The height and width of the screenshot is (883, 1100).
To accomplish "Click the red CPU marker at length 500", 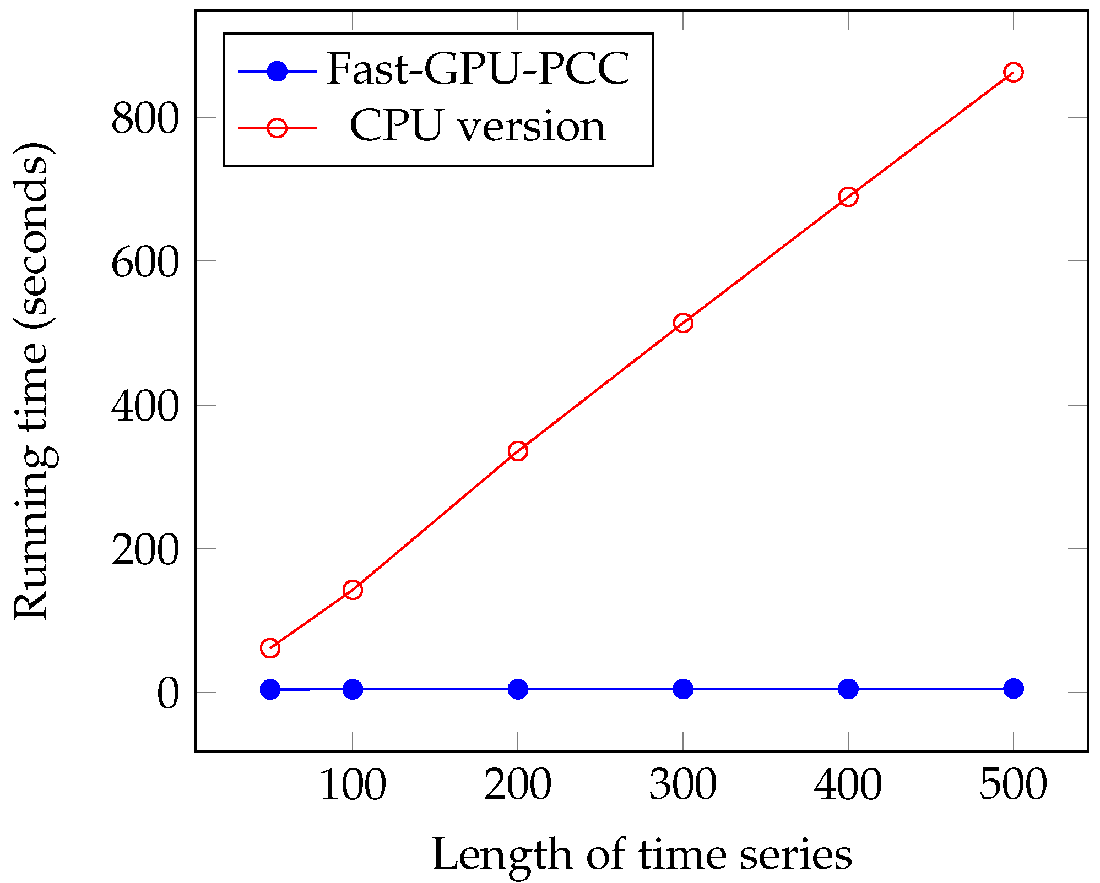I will tap(1013, 73).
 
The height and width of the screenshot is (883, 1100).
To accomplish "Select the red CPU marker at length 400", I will tap(848, 197).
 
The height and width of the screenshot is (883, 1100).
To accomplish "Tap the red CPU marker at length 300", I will tap(682, 323).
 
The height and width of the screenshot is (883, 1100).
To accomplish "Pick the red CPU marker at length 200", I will tap(517, 451).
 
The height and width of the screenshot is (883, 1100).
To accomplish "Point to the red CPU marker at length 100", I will tap(353, 590).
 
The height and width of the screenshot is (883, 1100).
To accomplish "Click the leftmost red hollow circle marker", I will tap(270, 648).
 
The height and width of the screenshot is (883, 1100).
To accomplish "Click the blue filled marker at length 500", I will tap(1013, 688).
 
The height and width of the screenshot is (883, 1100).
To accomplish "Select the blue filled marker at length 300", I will tap(682, 689).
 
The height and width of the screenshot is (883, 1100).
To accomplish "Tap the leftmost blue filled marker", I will tap(270, 689).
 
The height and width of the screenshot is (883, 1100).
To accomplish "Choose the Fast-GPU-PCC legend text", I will tap(478, 70).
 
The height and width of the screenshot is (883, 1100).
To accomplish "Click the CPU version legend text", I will tap(478, 127).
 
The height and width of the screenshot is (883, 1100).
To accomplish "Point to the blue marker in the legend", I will tap(277, 71).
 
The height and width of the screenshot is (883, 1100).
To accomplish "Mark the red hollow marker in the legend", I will tap(277, 128).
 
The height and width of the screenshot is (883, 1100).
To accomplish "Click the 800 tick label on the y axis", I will tap(145, 118).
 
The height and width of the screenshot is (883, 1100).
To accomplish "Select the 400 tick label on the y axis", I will tap(145, 406).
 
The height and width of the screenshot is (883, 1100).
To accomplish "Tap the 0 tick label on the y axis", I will tap(168, 694).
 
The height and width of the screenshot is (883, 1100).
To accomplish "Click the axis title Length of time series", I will tap(642, 855).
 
